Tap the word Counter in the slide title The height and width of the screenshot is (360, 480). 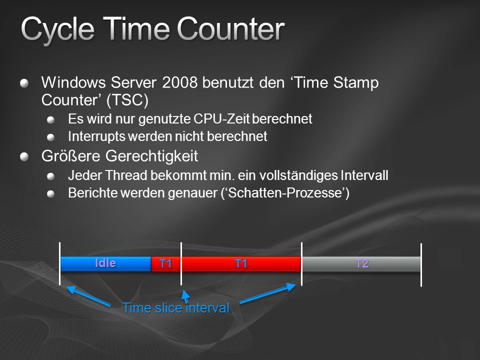(231, 29)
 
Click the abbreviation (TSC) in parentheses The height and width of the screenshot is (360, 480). (127, 100)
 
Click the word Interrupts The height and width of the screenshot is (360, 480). (96, 136)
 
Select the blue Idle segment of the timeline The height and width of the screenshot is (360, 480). (106, 264)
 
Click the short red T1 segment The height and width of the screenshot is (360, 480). (166, 264)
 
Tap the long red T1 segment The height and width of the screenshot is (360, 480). (241, 264)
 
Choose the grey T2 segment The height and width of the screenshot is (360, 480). (361, 264)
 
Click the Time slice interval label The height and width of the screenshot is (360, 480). (176, 308)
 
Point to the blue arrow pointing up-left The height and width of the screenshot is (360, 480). (88, 295)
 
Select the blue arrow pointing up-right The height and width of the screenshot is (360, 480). (267, 293)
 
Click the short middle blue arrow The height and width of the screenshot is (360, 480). (185, 296)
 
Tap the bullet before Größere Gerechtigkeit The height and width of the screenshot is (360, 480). (24, 156)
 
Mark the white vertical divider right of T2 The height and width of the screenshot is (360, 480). (421, 265)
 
